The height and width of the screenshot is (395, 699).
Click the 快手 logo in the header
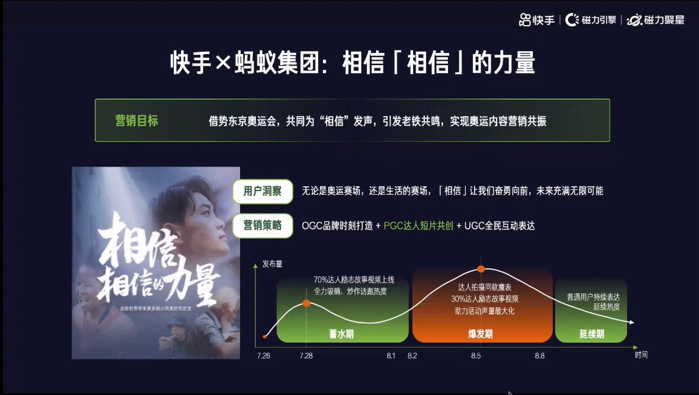point(537,19)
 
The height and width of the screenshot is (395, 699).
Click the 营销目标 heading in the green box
point(137,121)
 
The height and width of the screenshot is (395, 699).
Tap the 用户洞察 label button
point(263,191)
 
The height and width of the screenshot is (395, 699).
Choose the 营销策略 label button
point(263,225)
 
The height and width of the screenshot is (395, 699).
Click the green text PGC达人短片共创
point(418,226)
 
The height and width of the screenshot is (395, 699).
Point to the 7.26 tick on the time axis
point(263,355)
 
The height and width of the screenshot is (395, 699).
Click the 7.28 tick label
point(306,355)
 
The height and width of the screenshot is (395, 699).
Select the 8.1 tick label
point(391,355)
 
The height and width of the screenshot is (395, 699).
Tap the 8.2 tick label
point(413,355)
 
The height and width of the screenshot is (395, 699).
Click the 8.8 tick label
point(540,355)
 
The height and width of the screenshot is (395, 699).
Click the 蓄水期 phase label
point(341,334)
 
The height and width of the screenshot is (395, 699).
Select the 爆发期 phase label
point(480,334)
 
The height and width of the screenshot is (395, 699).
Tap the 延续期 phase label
point(591,334)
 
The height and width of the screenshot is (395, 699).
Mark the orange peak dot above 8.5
point(481,268)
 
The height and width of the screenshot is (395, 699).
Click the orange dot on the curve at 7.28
point(307,302)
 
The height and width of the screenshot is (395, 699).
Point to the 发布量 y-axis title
point(272,264)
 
